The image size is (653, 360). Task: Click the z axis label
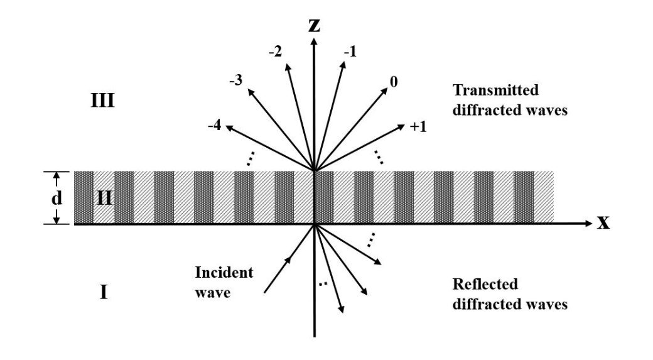pyautogui.click(x=314, y=25)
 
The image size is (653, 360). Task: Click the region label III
pyautogui.click(x=102, y=101)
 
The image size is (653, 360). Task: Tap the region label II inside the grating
pyautogui.click(x=104, y=199)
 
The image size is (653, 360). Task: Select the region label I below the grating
pyautogui.click(x=104, y=292)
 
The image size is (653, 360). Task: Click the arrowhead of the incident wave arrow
pyautogui.click(x=290, y=257)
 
